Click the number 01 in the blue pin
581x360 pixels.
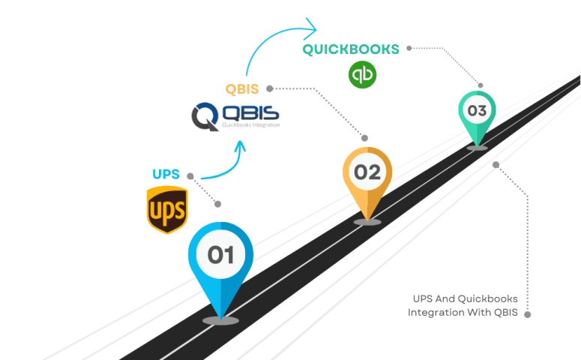[220, 256]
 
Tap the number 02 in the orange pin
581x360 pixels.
[367, 172]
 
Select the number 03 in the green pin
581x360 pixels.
[477, 111]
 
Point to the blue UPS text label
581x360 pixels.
[166, 175]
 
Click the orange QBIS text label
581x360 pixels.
[242, 89]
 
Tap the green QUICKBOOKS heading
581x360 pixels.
[351, 49]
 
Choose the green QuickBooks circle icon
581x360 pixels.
[362, 74]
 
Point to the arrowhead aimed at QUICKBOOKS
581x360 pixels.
[309, 29]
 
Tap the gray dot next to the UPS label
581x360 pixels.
[190, 176]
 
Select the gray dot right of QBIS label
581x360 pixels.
[269, 88]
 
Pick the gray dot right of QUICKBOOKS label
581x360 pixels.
[409, 48]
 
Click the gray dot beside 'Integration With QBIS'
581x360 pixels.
[528, 314]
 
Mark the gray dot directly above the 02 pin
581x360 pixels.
[365, 138]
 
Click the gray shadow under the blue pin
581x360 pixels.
[220, 320]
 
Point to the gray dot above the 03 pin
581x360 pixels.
[481, 86]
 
